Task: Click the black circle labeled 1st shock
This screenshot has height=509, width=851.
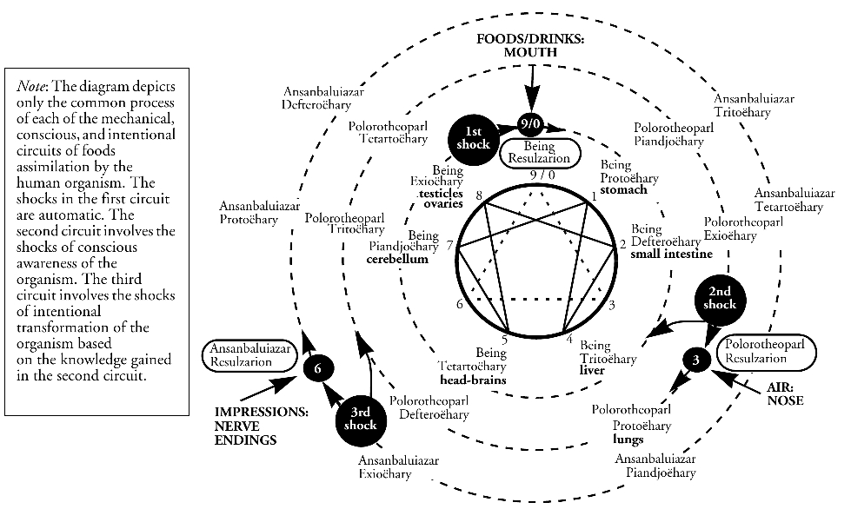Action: click(472, 135)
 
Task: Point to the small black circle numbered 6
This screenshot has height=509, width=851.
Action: click(318, 369)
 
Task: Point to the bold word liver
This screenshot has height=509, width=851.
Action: click(592, 370)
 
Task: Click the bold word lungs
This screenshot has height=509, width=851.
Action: click(628, 439)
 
